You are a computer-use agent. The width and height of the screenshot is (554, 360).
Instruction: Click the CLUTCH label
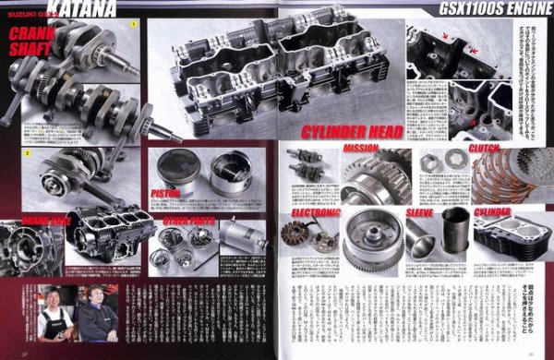(x=486, y=148)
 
